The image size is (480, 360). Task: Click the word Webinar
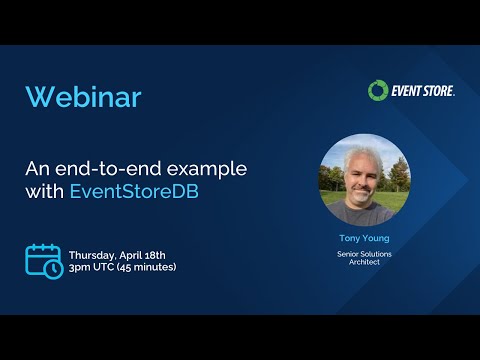[x=83, y=97]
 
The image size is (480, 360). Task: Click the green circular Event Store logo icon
[x=377, y=91]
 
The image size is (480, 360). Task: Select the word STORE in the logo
[x=438, y=91]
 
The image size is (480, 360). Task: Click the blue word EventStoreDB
[x=134, y=191]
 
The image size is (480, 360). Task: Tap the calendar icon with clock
[x=44, y=260]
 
